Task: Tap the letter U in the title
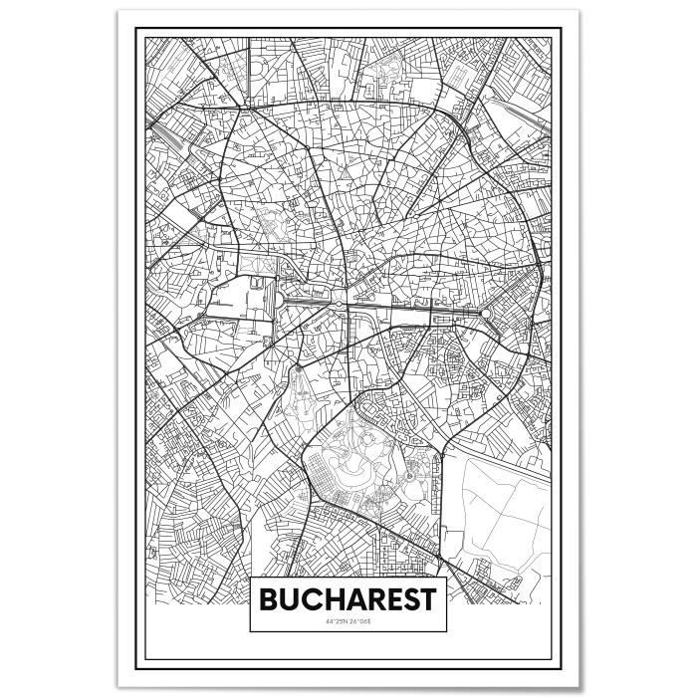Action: pyautogui.click(x=290, y=600)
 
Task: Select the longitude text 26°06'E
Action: pyautogui.click(x=361, y=622)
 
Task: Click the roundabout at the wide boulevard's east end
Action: pyautogui.click(x=486, y=315)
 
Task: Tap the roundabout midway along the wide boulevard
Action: pyautogui.click(x=339, y=303)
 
